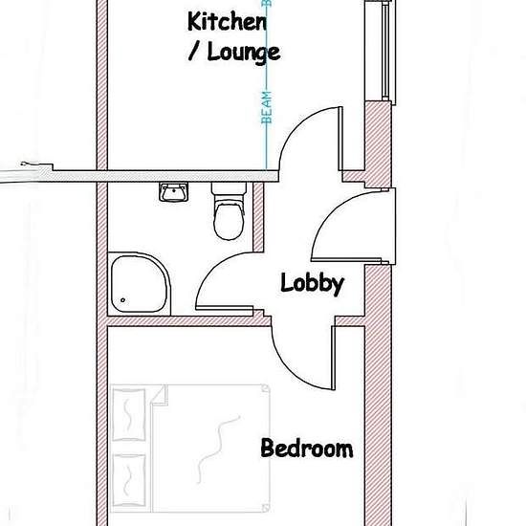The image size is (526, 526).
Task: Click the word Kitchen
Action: (227, 22)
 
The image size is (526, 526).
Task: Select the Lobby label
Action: (313, 284)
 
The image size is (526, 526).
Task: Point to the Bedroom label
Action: (307, 448)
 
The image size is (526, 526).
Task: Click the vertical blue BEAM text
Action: (267, 107)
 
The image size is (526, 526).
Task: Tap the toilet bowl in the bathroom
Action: (229, 220)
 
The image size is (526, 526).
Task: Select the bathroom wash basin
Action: (173, 192)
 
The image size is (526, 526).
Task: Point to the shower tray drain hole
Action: (122, 300)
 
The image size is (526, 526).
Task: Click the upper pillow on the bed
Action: (129, 415)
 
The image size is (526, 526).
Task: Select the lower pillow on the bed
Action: (129, 481)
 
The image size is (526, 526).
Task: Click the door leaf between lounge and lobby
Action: (340, 139)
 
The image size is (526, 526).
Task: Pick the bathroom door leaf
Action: (225, 308)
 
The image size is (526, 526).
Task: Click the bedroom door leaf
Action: (334, 358)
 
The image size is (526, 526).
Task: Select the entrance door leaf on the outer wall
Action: (346, 259)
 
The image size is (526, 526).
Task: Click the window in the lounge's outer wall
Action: (386, 51)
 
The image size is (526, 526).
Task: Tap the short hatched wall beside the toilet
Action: (258, 217)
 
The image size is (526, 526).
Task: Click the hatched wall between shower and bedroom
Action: (188, 321)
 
